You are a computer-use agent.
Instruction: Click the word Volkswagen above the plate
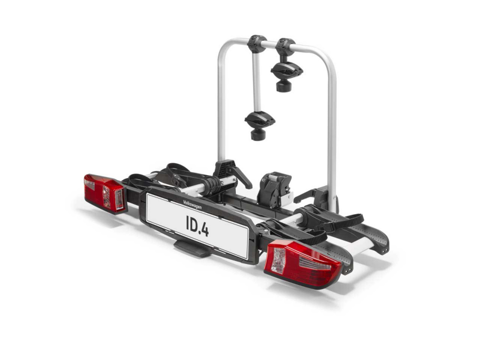(192, 205)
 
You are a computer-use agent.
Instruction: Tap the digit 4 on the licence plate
(205, 230)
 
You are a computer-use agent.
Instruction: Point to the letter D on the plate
(193, 224)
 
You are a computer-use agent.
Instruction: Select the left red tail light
(104, 193)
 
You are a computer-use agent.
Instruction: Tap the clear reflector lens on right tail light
(279, 260)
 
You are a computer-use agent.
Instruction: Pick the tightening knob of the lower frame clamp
(259, 134)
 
